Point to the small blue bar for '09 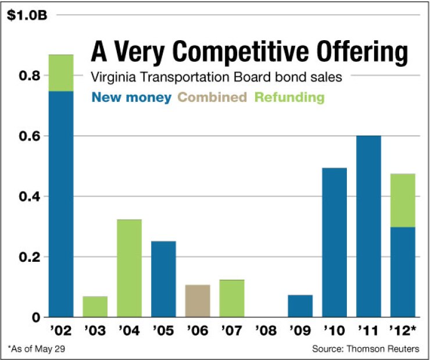(300, 306)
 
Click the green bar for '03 (95, 306)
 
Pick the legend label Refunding (289, 97)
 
